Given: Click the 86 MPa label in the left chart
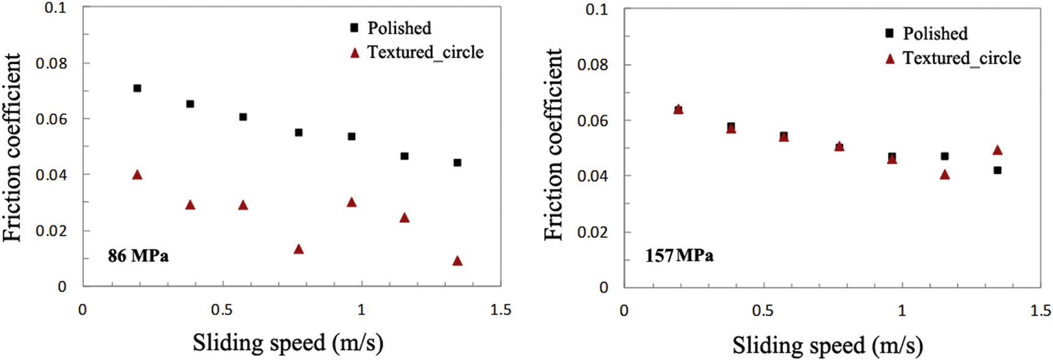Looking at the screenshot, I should click(138, 255).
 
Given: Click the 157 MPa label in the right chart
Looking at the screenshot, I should click(679, 255).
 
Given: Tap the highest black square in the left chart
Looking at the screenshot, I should click(137, 88).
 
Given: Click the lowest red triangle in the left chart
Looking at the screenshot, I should click(457, 261).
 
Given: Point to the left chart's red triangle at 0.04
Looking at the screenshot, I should click(137, 175).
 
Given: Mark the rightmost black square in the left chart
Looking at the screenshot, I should click(457, 163).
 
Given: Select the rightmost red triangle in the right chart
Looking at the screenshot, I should click(997, 150).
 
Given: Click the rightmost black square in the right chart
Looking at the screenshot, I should click(997, 170).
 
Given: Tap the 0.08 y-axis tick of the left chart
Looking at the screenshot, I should click(51, 63).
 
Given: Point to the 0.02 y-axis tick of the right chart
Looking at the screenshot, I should click(593, 232).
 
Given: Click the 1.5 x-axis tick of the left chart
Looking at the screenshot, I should click(501, 310).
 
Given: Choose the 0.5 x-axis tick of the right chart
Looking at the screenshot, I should click(763, 310).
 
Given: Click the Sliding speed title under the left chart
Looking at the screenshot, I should click(288, 342).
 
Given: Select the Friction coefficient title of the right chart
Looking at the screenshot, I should click(553, 144).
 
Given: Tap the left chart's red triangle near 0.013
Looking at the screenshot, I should click(299, 249).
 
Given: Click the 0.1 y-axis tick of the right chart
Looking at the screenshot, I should click(596, 9).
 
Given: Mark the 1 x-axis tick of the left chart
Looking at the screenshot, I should click(361, 310).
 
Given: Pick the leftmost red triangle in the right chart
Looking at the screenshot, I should click(678, 109).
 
